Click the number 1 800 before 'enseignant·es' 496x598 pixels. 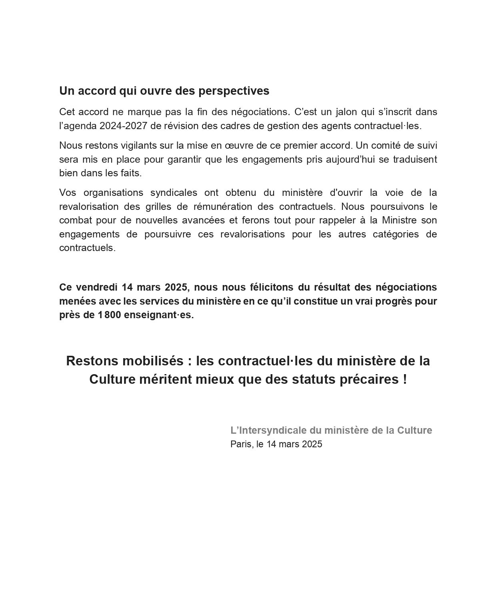[x=109, y=315]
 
